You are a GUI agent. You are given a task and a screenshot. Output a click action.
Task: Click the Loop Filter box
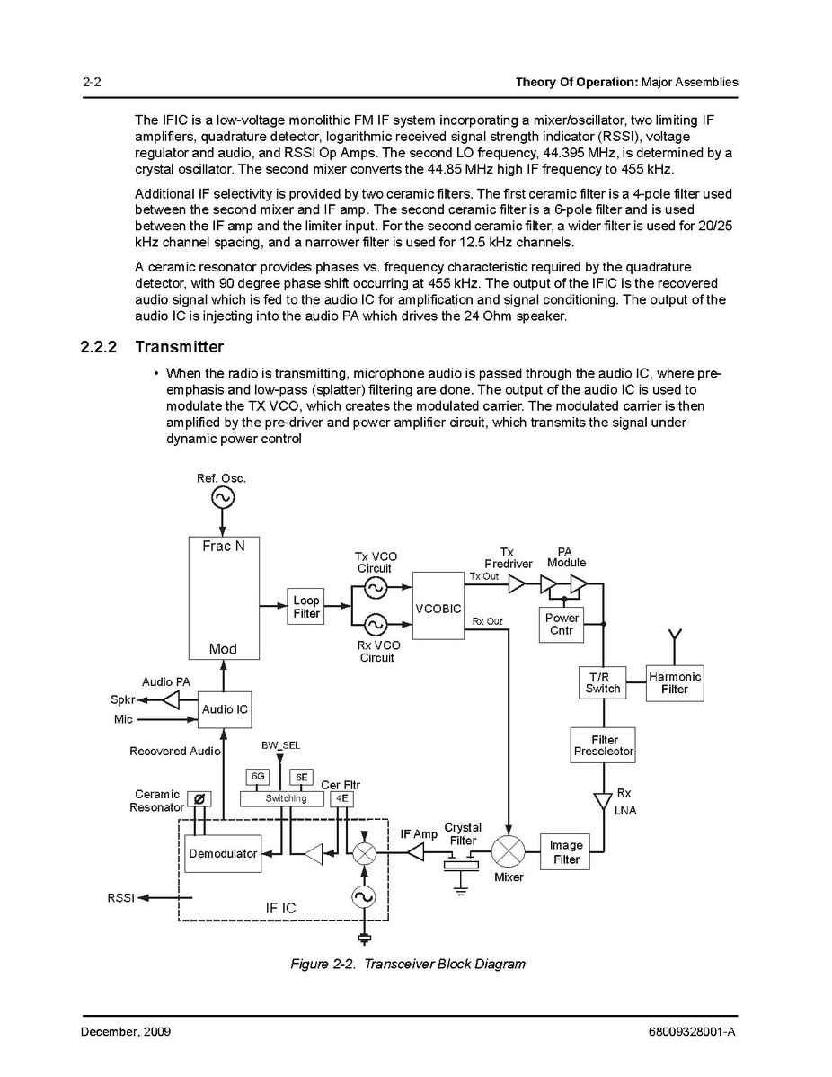pos(306,607)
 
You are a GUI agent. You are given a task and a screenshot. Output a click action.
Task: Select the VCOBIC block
pos(438,608)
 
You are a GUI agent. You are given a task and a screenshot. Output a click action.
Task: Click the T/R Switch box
pos(603,682)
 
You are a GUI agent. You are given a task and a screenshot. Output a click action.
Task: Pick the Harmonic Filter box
pos(675,682)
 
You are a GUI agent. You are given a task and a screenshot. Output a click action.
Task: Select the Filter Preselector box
pos(604,745)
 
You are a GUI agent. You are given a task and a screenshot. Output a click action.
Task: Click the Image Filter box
pos(566,852)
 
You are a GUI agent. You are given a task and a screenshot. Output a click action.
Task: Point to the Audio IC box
pos(225,709)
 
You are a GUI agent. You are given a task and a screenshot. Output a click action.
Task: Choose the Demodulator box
pos(223,853)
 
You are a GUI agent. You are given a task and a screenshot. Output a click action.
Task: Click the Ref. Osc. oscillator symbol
pos(221,497)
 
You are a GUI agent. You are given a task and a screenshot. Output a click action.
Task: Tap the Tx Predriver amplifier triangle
pos(517,584)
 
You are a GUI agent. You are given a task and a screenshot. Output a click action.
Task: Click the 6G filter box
pos(257,777)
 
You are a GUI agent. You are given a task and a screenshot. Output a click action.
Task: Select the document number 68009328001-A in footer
pos(691,1031)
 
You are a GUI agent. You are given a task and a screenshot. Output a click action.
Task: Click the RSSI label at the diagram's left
pos(121,897)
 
